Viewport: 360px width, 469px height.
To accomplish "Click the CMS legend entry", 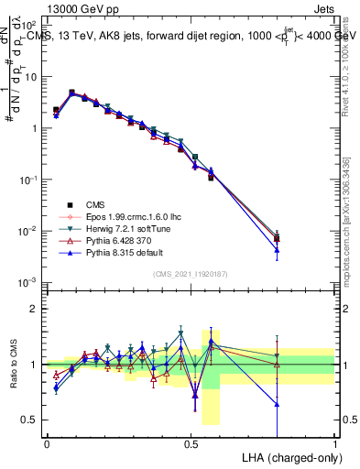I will tap(94, 205).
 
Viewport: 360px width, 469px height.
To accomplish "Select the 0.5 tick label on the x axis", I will tap(191, 442).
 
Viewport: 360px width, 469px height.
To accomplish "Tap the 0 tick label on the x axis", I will tap(47, 442).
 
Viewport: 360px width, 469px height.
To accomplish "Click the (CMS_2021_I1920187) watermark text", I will tap(191, 275).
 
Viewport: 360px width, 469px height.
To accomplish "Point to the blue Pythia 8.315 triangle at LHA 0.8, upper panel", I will tap(278, 249).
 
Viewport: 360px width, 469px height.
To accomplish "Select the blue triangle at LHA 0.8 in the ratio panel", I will tap(278, 404).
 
